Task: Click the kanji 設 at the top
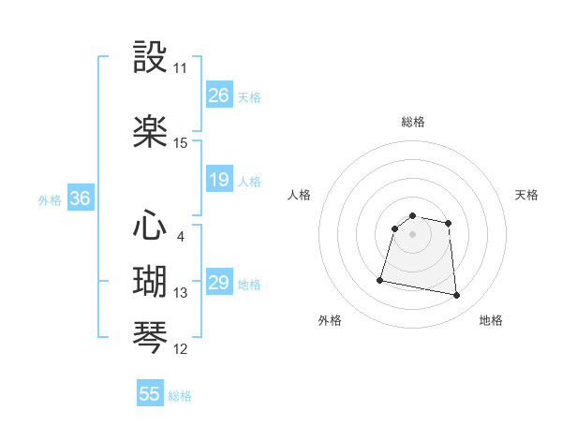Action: click(x=151, y=58)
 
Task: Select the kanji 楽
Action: click(x=151, y=132)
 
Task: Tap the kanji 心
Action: click(x=151, y=226)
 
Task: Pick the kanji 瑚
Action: click(x=151, y=282)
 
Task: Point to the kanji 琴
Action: click(x=151, y=338)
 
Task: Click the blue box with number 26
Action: click(x=219, y=95)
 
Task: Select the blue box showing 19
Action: click(x=219, y=180)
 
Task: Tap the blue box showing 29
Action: click(x=219, y=283)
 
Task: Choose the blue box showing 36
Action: click(x=80, y=198)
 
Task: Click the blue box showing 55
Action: click(x=150, y=394)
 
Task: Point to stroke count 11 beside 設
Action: click(x=180, y=68)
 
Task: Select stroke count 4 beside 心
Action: click(x=180, y=236)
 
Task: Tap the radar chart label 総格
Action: click(x=413, y=122)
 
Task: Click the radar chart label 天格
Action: click(x=527, y=195)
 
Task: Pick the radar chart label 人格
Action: click(x=300, y=195)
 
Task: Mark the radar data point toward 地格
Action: click(x=457, y=296)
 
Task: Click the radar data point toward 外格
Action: click(x=380, y=279)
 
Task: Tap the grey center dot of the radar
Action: click(x=413, y=234)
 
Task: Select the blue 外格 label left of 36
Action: click(x=50, y=199)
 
